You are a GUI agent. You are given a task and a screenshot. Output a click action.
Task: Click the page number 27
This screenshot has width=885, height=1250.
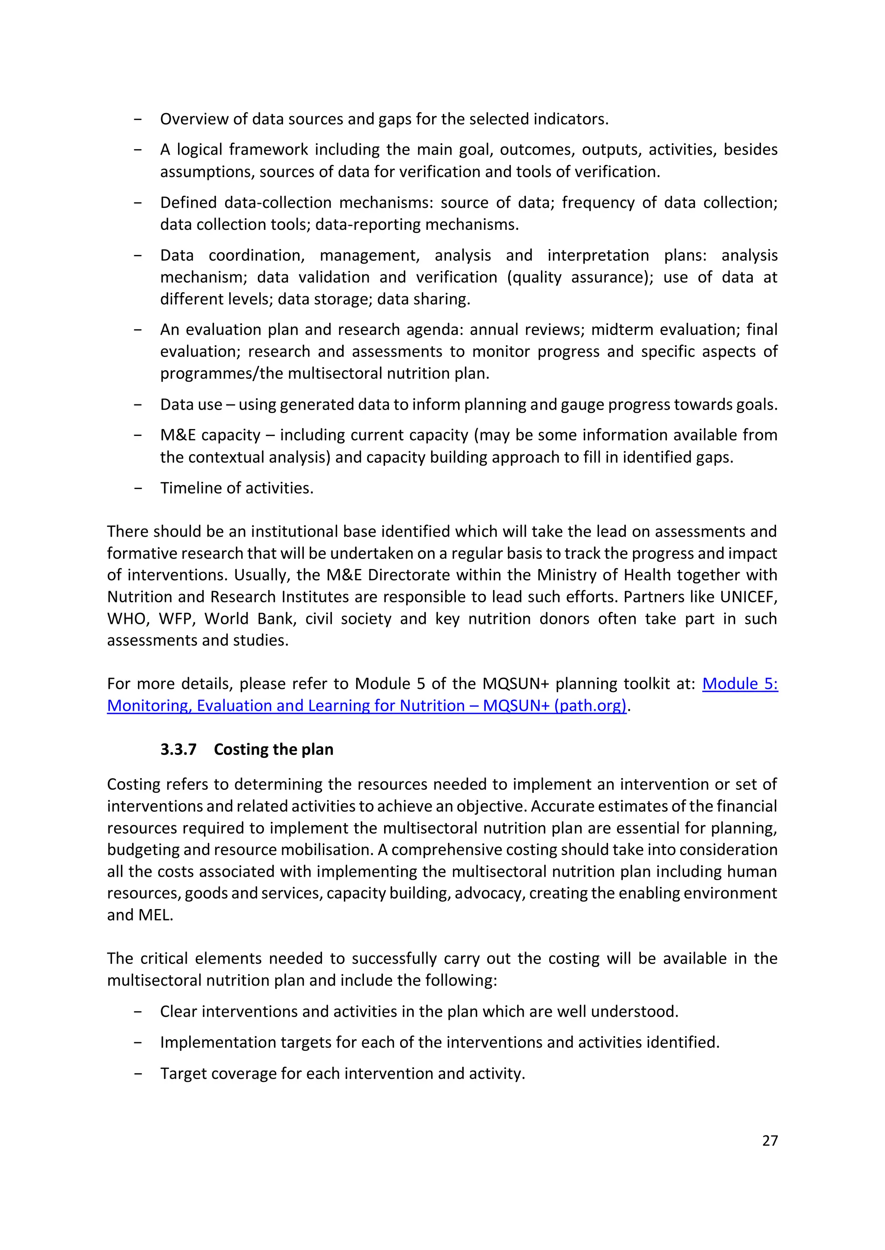770,1141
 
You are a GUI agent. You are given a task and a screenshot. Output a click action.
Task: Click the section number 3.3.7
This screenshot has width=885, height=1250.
178,750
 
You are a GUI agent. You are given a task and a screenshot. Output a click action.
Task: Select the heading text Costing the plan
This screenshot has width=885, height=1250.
273,750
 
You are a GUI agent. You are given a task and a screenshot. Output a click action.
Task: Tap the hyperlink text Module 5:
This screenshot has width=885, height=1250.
739,684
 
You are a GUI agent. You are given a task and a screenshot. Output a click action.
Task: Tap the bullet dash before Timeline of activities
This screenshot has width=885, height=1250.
138,488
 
